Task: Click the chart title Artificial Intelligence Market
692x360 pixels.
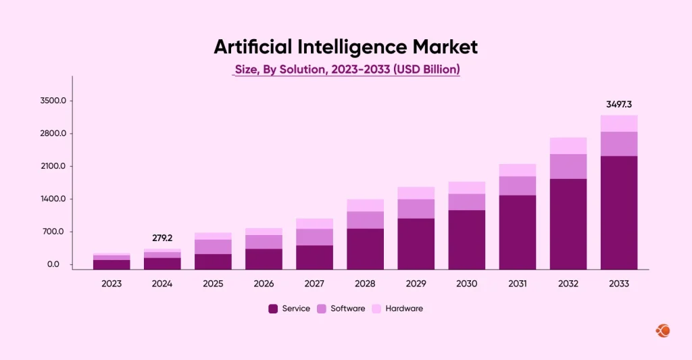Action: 345,47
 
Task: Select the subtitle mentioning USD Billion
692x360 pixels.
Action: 347,70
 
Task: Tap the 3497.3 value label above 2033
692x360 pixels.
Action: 618,105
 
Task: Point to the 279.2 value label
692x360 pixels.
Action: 162,238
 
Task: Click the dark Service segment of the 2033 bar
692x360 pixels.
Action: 618,213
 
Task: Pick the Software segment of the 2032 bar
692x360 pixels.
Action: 568,166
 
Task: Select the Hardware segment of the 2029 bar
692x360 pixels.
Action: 416,193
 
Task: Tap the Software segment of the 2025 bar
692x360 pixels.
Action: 213,247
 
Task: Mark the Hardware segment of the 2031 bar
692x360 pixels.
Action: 517,170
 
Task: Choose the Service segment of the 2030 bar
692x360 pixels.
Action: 466,240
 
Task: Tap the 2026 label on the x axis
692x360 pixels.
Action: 264,284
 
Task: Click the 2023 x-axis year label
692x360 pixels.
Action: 112,284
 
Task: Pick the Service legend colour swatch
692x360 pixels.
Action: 273,309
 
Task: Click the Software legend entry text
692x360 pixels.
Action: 347,309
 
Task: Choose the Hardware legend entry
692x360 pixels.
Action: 403,309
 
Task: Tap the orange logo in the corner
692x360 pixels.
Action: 663,331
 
